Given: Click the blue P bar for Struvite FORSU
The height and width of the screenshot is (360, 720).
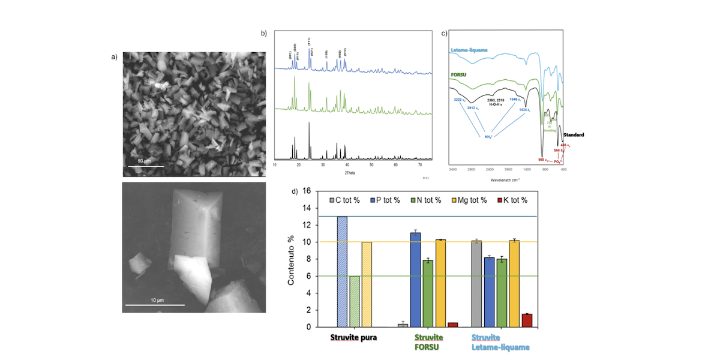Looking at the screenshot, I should tap(415, 280).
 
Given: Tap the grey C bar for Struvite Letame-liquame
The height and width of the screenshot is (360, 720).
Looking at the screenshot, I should tap(476, 284).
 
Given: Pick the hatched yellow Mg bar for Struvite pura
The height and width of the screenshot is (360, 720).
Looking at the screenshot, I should tap(367, 284).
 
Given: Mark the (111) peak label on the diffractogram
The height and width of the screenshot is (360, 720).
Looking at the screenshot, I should tap(310, 41).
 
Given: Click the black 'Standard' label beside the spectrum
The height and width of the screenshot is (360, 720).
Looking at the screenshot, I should tap(574, 135).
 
